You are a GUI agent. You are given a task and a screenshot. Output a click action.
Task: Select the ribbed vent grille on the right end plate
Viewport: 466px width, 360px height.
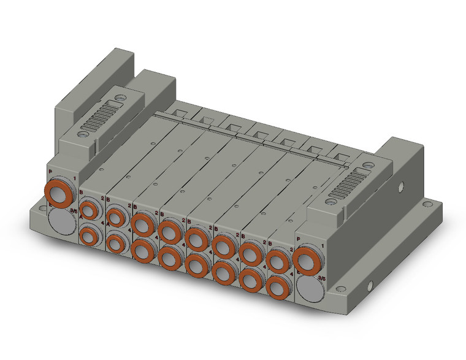point(346,190)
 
